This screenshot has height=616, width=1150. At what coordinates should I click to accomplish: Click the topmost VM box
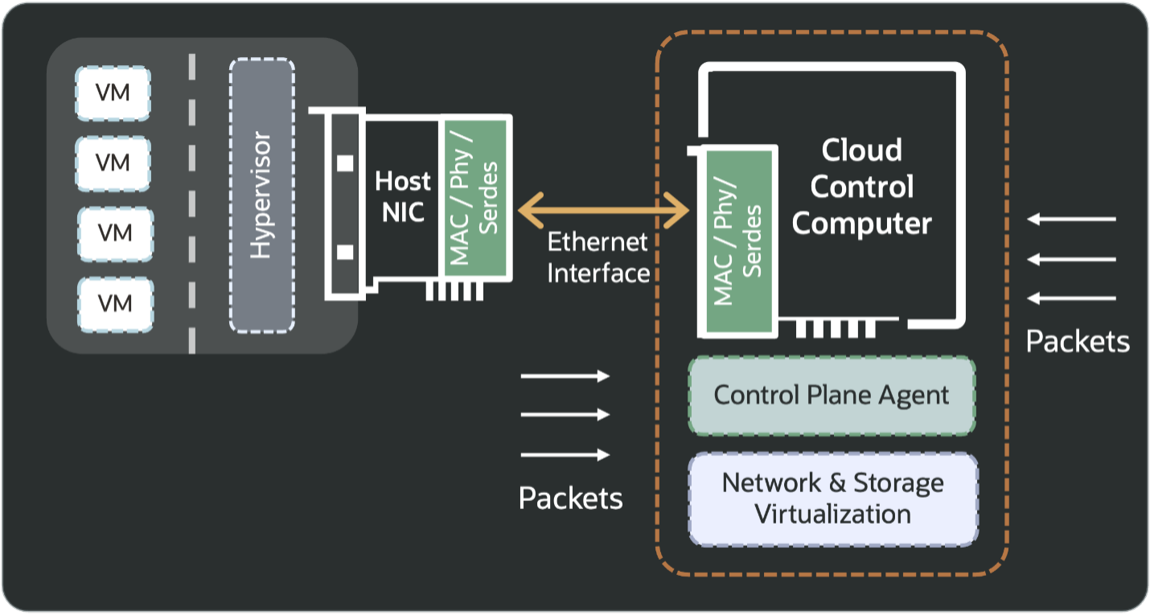pyautogui.click(x=113, y=93)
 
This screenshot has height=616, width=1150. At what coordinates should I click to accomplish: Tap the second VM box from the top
pyautogui.click(x=113, y=163)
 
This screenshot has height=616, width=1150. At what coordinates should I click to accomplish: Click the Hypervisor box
pyautogui.click(x=261, y=195)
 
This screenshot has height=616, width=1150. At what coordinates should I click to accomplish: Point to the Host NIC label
pyautogui.click(x=403, y=197)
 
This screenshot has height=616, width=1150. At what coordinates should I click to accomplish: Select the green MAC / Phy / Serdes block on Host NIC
pyautogui.click(x=474, y=199)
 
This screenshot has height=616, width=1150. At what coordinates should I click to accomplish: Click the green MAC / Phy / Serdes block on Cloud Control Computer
pyautogui.click(x=739, y=240)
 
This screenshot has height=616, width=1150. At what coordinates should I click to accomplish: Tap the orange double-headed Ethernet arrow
pyautogui.click(x=603, y=211)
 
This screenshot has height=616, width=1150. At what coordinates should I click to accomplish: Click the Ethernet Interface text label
pyautogui.click(x=598, y=257)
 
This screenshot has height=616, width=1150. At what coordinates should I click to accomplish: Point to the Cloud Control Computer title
pyautogui.click(x=861, y=187)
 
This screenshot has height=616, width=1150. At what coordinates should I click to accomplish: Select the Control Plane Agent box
pyautogui.click(x=832, y=396)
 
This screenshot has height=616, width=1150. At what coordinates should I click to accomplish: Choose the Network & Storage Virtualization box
pyautogui.click(x=833, y=499)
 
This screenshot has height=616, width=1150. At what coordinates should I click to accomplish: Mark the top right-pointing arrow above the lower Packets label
pyautogui.click(x=565, y=376)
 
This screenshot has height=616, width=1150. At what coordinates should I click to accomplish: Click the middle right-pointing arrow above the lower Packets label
pyautogui.click(x=565, y=415)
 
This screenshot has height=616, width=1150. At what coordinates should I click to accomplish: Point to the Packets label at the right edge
pyautogui.click(x=1078, y=341)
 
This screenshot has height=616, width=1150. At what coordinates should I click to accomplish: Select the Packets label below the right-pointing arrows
pyautogui.click(x=571, y=498)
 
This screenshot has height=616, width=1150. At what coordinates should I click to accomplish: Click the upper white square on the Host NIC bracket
pyautogui.click(x=345, y=163)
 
